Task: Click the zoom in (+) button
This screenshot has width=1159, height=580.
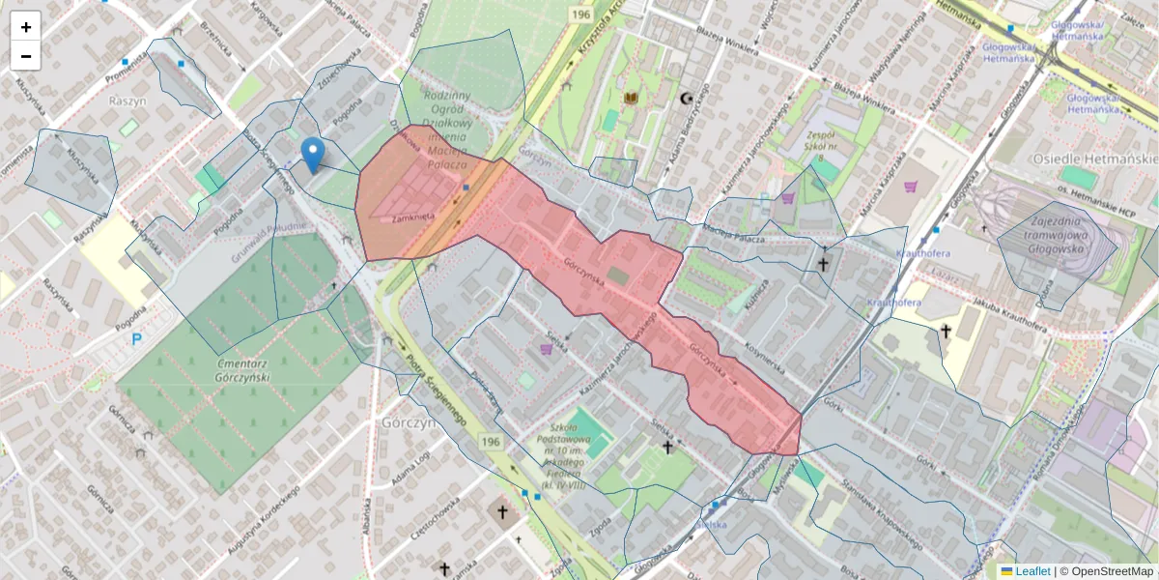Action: pyautogui.click(x=26, y=27)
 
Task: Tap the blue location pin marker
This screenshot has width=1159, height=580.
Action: pyautogui.click(x=312, y=154)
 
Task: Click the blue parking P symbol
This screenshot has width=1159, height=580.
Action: pyautogui.click(x=136, y=339)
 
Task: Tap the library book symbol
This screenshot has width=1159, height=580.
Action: pyautogui.click(x=632, y=99)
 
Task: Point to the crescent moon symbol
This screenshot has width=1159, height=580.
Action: pyautogui.click(x=687, y=99)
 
